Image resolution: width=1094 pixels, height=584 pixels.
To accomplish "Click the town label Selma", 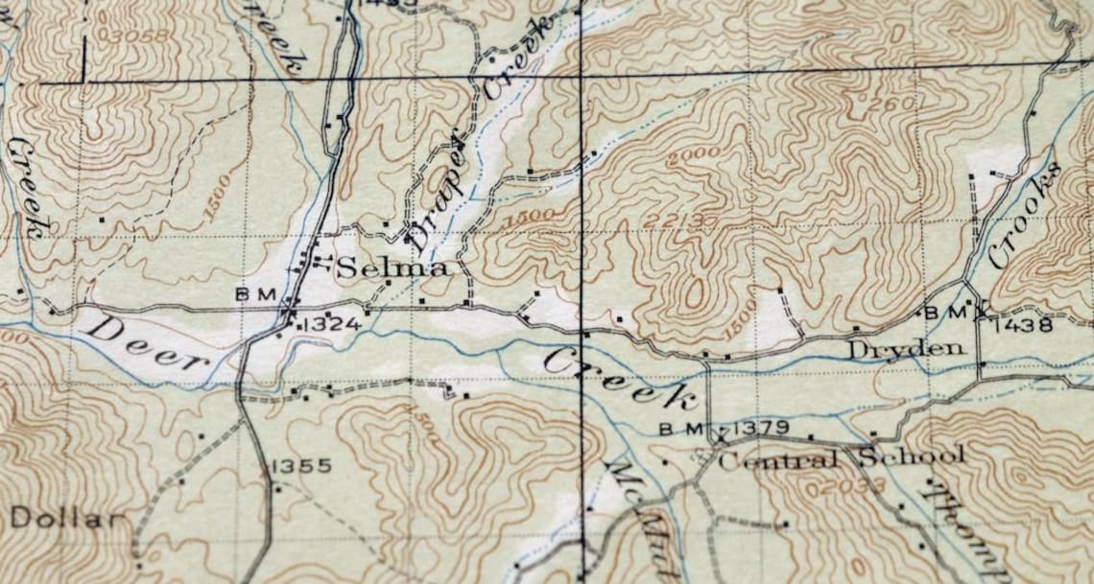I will (x=392, y=269).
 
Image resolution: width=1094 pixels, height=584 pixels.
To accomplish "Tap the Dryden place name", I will (x=904, y=349).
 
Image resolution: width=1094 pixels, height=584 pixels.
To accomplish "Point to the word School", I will (x=911, y=456).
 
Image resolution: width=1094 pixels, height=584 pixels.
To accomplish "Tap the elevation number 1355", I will (x=302, y=466).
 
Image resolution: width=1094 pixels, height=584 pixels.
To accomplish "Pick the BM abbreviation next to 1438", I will (x=937, y=312).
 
